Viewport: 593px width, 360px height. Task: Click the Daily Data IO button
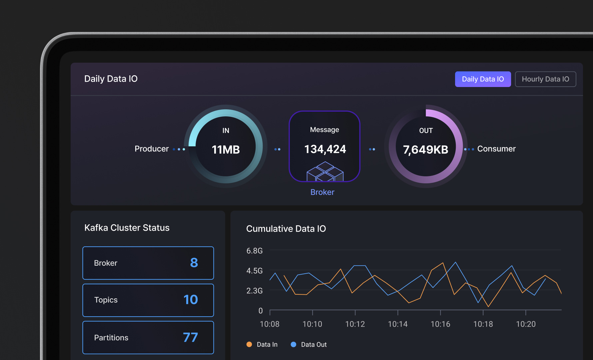click(483, 79)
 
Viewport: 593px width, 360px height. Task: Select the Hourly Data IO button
click(545, 79)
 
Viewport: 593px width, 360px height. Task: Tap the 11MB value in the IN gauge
click(226, 150)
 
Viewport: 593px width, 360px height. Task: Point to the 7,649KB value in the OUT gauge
click(426, 150)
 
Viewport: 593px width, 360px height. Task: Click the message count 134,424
click(325, 149)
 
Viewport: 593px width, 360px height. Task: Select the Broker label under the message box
click(322, 192)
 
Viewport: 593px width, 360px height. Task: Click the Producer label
click(152, 149)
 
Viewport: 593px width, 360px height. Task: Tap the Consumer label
click(496, 149)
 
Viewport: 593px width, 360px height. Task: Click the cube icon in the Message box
click(325, 171)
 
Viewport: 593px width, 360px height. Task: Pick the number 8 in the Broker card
click(194, 263)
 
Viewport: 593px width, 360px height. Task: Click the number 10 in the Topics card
click(191, 300)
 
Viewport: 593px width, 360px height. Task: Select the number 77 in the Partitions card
click(190, 337)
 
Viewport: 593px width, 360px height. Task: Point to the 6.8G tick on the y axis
click(255, 251)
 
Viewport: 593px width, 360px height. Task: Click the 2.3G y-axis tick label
click(255, 291)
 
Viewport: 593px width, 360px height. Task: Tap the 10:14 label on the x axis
click(398, 324)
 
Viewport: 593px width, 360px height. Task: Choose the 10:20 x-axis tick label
click(526, 324)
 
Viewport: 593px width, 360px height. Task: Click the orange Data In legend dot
click(249, 344)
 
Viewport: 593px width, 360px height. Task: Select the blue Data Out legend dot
click(294, 344)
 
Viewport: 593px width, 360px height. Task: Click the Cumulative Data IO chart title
click(286, 229)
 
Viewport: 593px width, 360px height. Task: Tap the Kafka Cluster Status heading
click(127, 228)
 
